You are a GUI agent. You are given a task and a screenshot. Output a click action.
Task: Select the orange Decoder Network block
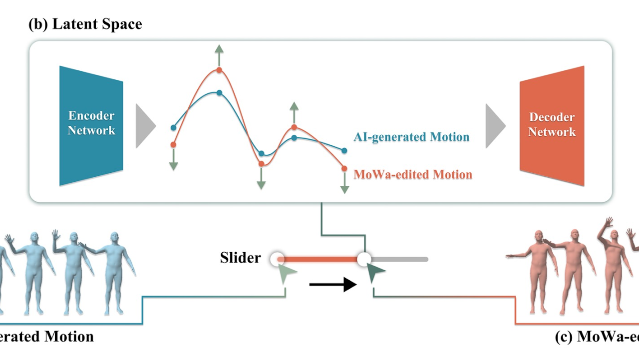click(x=552, y=125)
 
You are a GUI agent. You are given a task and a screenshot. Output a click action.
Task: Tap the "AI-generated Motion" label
click(x=411, y=137)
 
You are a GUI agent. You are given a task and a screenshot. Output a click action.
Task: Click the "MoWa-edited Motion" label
click(x=413, y=174)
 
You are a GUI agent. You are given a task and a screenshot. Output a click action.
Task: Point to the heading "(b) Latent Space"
click(x=85, y=24)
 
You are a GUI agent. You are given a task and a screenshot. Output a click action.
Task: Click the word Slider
click(x=240, y=258)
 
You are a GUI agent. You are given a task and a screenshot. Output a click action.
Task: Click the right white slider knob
click(x=364, y=259)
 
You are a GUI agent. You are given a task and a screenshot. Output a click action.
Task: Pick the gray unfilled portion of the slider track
click(x=399, y=259)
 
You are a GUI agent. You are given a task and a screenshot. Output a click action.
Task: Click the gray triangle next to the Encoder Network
click(x=145, y=126)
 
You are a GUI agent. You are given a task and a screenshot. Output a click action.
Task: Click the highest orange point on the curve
click(x=219, y=70)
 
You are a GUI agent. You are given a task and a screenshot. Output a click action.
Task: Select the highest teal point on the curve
click(x=219, y=92)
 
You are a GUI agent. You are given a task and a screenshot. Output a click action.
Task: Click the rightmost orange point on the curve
click(x=344, y=169)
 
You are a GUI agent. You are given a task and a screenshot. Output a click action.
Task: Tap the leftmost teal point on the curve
click(x=173, y=128)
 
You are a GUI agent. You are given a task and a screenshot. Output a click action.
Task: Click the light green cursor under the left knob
click(x=287, y=273)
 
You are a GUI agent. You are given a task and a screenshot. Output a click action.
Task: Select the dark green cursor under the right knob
click(x=375, y=273)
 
